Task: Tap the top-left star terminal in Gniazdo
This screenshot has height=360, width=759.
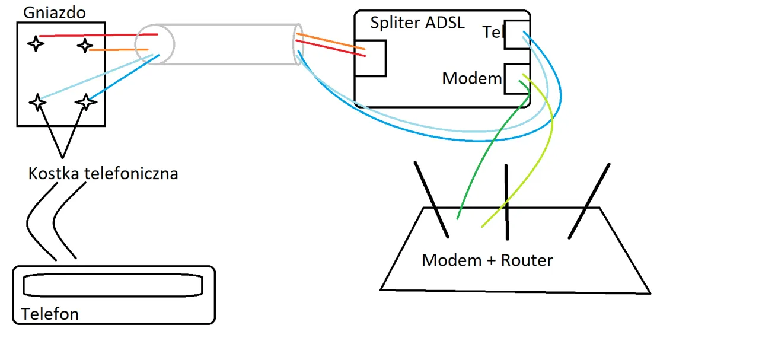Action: tap(36, 43)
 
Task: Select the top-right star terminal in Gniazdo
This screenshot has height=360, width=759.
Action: tap(85, 45)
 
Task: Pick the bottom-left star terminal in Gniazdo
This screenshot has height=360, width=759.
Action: tap(38, 102)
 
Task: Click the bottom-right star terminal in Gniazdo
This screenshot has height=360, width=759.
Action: tap(86, 102)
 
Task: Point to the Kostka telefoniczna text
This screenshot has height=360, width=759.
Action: tap(103, 174)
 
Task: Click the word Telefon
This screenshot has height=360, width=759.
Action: tap(50, 313)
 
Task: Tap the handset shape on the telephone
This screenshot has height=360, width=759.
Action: tap(113, 286)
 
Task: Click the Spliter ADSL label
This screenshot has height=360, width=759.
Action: tap(417, 23)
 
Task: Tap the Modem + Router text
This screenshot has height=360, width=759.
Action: tap(487, 260)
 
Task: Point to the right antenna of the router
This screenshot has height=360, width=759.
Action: tap(589, 200)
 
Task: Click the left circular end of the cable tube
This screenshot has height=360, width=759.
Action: tap(154, 44)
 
